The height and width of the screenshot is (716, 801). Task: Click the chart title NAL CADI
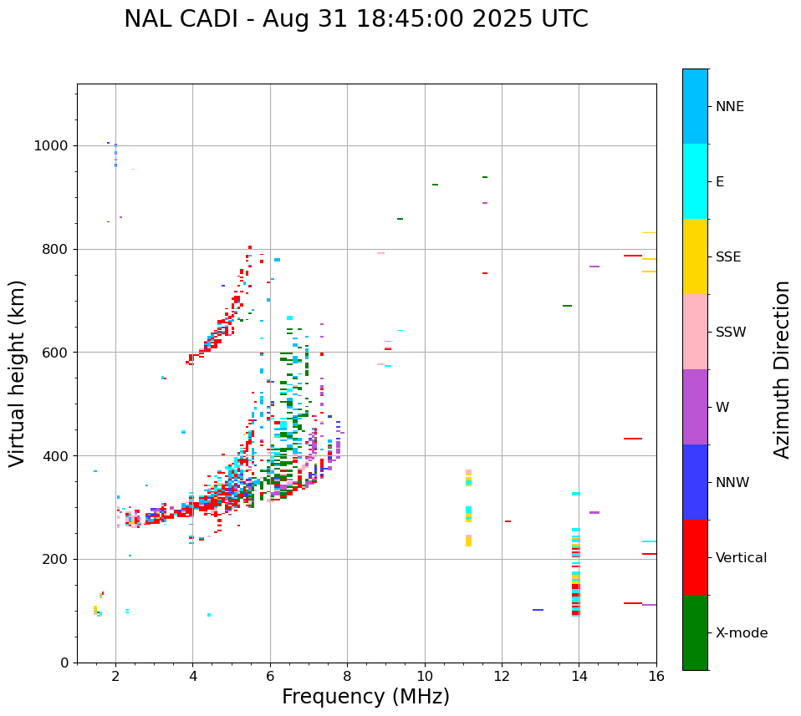tap(355, 19)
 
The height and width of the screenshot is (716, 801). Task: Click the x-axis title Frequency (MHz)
tap(365, 697)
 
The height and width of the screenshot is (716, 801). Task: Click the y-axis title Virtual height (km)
tap(18, 373)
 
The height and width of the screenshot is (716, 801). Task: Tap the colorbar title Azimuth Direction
tap(782, 369)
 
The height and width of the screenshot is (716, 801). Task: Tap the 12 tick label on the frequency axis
tap(502, 677)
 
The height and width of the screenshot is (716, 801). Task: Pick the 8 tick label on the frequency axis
tap(347, 677)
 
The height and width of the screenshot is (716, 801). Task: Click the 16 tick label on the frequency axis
tap(656, 677)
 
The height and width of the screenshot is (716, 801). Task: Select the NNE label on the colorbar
tap(729, 107)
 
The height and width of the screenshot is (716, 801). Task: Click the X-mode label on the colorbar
tap(742, 633)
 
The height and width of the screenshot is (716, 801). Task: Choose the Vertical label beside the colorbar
tap(741, 558)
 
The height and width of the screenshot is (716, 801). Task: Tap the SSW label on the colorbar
tap(731, 333)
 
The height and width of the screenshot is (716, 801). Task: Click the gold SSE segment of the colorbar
tap(695, 256)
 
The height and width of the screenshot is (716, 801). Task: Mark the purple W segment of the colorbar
tap(695, 407)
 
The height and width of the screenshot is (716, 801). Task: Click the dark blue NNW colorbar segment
tap(695, 482)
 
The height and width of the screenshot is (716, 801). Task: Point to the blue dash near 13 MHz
tap(538, 610)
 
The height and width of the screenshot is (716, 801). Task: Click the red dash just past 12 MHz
tap(508, 521)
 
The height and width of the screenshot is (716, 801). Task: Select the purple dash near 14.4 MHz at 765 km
tap(594, 267)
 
